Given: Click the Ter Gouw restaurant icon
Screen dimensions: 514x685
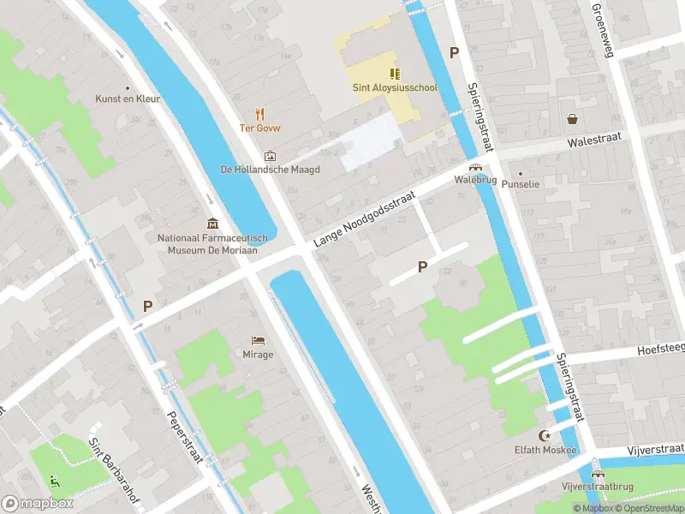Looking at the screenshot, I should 259,113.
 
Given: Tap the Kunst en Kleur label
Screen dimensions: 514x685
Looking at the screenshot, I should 128,99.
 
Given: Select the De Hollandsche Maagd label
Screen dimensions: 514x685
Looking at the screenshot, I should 270,170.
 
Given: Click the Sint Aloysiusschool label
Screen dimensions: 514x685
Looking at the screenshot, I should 394,87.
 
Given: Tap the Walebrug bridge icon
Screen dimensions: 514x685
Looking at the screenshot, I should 474,167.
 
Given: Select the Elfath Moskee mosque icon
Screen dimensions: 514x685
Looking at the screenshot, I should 543,435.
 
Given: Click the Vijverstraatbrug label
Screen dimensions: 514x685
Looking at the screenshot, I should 598,487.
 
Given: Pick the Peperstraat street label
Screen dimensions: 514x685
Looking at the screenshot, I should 185,437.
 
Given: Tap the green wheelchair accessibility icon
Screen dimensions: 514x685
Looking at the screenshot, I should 56,481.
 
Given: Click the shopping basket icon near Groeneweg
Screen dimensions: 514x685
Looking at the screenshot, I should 571,119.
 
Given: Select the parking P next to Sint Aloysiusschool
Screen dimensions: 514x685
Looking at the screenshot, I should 455,52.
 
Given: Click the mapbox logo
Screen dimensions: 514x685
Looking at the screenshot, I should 38,503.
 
